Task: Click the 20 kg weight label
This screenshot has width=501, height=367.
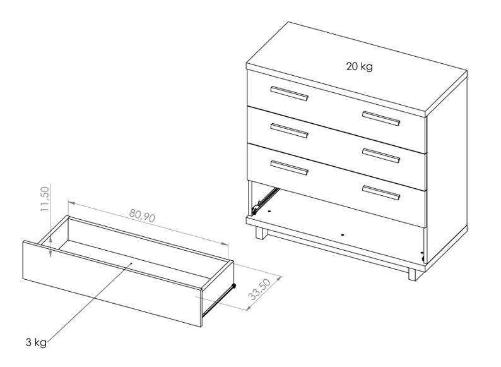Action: pyautogui.click(x=360, y=66)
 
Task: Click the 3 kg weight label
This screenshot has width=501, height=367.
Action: pyautogui.click(x=36, y=342)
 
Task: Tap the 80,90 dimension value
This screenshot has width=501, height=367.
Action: pyautogui.click(x=142, y=215)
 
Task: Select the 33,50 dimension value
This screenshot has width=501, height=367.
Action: pyautogui.click(x=259, y=289)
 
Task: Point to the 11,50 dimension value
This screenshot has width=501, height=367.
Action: pyautogui.click(x=45, y=199)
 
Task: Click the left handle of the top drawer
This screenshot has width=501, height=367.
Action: pyautogui.click(x=289, y=93)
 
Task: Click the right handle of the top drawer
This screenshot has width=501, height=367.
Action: pyautogui.click(x=381, y=118)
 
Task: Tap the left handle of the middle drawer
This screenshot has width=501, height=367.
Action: pyautogui.click(x=289, y=131)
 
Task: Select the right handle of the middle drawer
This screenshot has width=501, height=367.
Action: pyautogui.click(x=381, y=156)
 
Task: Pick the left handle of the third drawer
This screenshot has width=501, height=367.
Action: pyautogui.click(x=289, y=167)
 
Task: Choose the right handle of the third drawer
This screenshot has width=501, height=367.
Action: pyautogui.click(x=381, y=193)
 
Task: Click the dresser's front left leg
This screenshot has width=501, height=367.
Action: pyautogui.click(x=261, y=233)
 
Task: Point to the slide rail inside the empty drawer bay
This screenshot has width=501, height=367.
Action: pyautogui.click(x=264, y=200)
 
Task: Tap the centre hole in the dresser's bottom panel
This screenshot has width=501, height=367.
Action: pyautogui.click(x=343, y=234)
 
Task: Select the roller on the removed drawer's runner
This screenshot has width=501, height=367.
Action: pyautogui.click(x=234, y=286)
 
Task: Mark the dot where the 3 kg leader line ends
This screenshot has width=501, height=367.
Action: pyautogui.click(x=131, y=263)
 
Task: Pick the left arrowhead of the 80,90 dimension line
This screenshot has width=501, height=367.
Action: pyautogui.click(x=71, y=203)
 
